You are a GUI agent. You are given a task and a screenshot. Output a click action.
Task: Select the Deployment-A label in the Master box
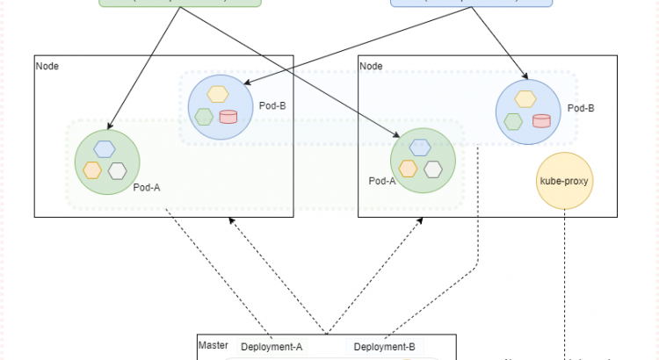272,347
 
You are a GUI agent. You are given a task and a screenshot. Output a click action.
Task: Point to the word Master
214,346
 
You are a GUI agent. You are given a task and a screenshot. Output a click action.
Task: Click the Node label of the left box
47,66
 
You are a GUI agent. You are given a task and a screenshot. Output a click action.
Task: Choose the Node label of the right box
372,66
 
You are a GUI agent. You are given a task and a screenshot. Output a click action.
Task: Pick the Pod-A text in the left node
147,187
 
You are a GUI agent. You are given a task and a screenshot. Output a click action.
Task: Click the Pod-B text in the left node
272,106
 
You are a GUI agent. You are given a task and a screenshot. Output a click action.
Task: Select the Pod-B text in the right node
581,109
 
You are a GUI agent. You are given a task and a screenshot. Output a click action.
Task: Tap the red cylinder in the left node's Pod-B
228,117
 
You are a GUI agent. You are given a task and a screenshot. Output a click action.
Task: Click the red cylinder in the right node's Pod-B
541,120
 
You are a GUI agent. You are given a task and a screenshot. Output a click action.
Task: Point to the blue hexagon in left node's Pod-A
105,149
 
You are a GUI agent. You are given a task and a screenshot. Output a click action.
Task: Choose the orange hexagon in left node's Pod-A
92,169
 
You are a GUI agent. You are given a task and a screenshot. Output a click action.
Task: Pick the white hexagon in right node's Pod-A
431,169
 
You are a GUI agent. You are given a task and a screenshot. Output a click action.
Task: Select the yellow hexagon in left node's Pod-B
217,95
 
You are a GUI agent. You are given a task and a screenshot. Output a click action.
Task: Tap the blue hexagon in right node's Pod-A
420,148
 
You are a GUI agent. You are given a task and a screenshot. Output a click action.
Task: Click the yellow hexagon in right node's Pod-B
525,98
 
